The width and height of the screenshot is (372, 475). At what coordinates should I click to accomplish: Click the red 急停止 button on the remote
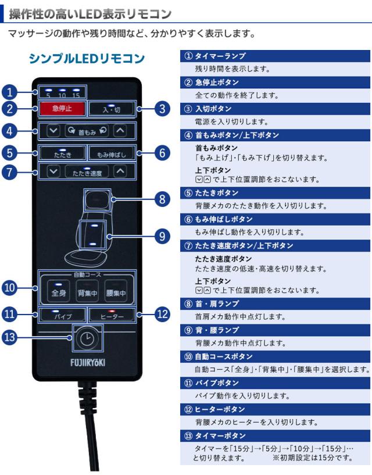(x=62, y=108)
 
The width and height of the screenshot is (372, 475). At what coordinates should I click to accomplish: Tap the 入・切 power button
(x=112, y=108)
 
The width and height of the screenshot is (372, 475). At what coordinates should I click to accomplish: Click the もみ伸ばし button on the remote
(x=112, y=153)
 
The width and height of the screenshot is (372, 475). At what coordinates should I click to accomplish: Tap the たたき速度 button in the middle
(x=86, y=172)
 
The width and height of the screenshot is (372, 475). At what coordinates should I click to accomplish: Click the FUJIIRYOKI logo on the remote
(x=86, y=362)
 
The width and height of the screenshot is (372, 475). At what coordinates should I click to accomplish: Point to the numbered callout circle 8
(x=164, y=199)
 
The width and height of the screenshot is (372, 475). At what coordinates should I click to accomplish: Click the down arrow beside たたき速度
(x=53, y=172)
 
